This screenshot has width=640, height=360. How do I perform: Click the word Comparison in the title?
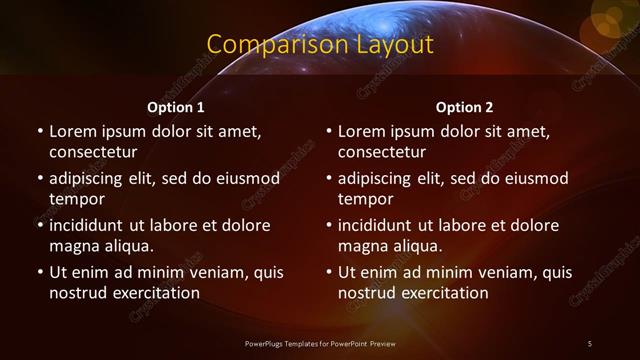point(265,45)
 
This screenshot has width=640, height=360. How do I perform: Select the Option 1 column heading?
point(176,107)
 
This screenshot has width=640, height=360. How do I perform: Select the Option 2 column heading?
point(465,107)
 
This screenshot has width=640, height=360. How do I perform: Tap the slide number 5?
point(590,344)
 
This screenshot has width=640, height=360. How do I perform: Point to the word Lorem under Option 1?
point(72,131)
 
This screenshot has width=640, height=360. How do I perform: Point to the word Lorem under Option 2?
point(362,131)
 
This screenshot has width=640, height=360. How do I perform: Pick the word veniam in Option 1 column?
point(211,272)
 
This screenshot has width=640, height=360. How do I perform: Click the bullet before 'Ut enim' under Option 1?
point(39,272)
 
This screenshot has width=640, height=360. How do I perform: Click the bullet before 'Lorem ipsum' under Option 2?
point(329,131)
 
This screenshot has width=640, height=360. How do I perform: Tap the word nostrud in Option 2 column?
point(367,294)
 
